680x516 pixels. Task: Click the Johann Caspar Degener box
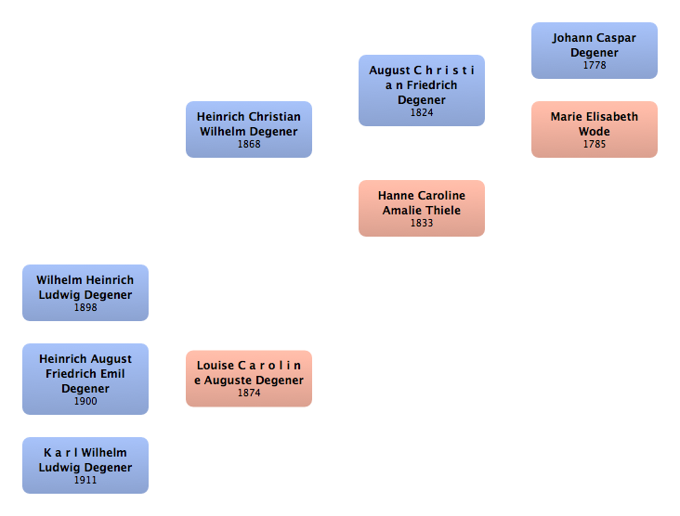[594, 50]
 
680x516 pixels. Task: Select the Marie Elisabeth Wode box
[594, 129]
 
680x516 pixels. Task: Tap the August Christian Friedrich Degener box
[421, 89]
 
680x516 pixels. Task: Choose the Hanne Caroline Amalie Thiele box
[421, 208]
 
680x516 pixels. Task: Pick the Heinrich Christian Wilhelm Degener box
[248, 129]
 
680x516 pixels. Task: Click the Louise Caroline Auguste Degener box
[248, 378]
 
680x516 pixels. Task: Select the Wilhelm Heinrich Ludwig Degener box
[85, 292]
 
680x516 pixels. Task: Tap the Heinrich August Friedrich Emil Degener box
[85, 378]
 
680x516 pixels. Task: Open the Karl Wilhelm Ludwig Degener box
[85, 465]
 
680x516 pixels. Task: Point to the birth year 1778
[594, 66]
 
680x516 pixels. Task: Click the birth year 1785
[594, 145]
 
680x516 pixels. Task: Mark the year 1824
[422, 113]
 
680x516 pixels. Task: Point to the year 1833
[422, 224]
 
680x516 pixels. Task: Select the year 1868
[249, 145]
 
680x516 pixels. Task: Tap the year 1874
[249, 393]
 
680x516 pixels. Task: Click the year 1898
[85, 308]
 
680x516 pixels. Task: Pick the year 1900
[85, 402]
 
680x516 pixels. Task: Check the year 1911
[85, 481]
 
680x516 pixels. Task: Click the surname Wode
[594, 132]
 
